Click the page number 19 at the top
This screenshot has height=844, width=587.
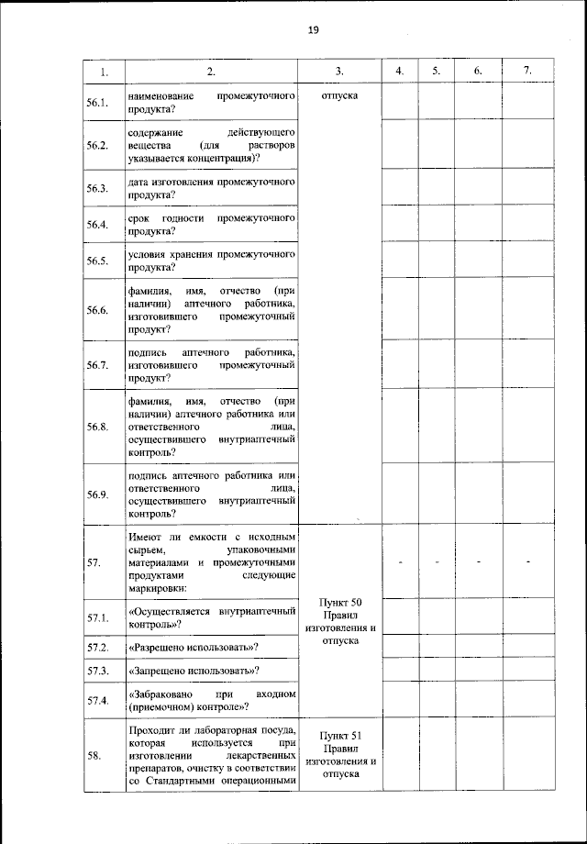pyautogui.click(x=314, y=30)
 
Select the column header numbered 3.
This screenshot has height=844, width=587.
pyautogui.click(x=339, y=72)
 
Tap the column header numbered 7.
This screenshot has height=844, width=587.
pyautogui.click(x=526, y=72)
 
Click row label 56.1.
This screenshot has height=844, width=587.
pyautogui.click(x=98, y=103)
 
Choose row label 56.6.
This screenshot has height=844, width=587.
pyautogui.click(x=98, y=311)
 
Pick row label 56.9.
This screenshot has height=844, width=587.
pyautogui.click(x=98, y=494)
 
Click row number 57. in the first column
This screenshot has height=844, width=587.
pyautogui.click(x=94, y=562)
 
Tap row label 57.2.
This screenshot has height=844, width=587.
pyautogui.click(x=98, y=648)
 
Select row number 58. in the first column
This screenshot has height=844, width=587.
pyautogui.click(x=94, y=755)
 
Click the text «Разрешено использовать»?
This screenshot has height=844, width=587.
pyautogui.click(x=193, y=648)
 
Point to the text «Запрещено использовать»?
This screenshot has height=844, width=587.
pyautogui.click(x=193, y=672)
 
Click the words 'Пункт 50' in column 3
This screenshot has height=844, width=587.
pyautogui.click(x=339, y=601)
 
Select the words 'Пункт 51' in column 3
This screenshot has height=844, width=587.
pyautogui.click(x=339, y=736)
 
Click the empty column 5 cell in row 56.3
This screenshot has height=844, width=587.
pyautogui.click(x=437, y=189)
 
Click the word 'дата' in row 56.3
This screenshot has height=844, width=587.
pyautogui.click(x=142, y=183)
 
